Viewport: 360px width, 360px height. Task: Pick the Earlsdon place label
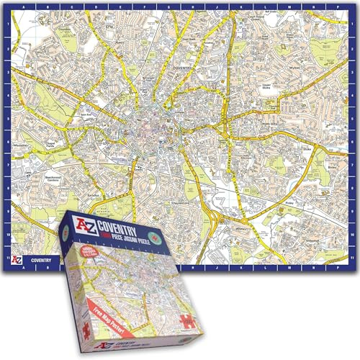pos(92,194)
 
